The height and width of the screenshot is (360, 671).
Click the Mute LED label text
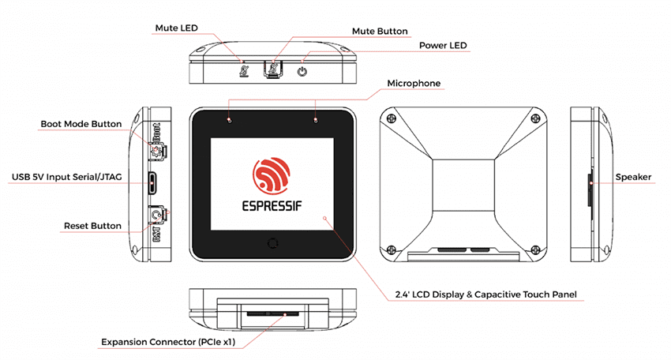174,28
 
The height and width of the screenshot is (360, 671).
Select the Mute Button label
380,32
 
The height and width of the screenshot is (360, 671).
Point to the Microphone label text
414,83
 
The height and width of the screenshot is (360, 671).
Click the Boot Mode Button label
81,124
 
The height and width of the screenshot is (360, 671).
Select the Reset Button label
92,226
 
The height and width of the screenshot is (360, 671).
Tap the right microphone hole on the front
317,120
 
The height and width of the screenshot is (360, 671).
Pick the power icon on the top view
302,72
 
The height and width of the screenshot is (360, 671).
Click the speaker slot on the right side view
592,184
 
